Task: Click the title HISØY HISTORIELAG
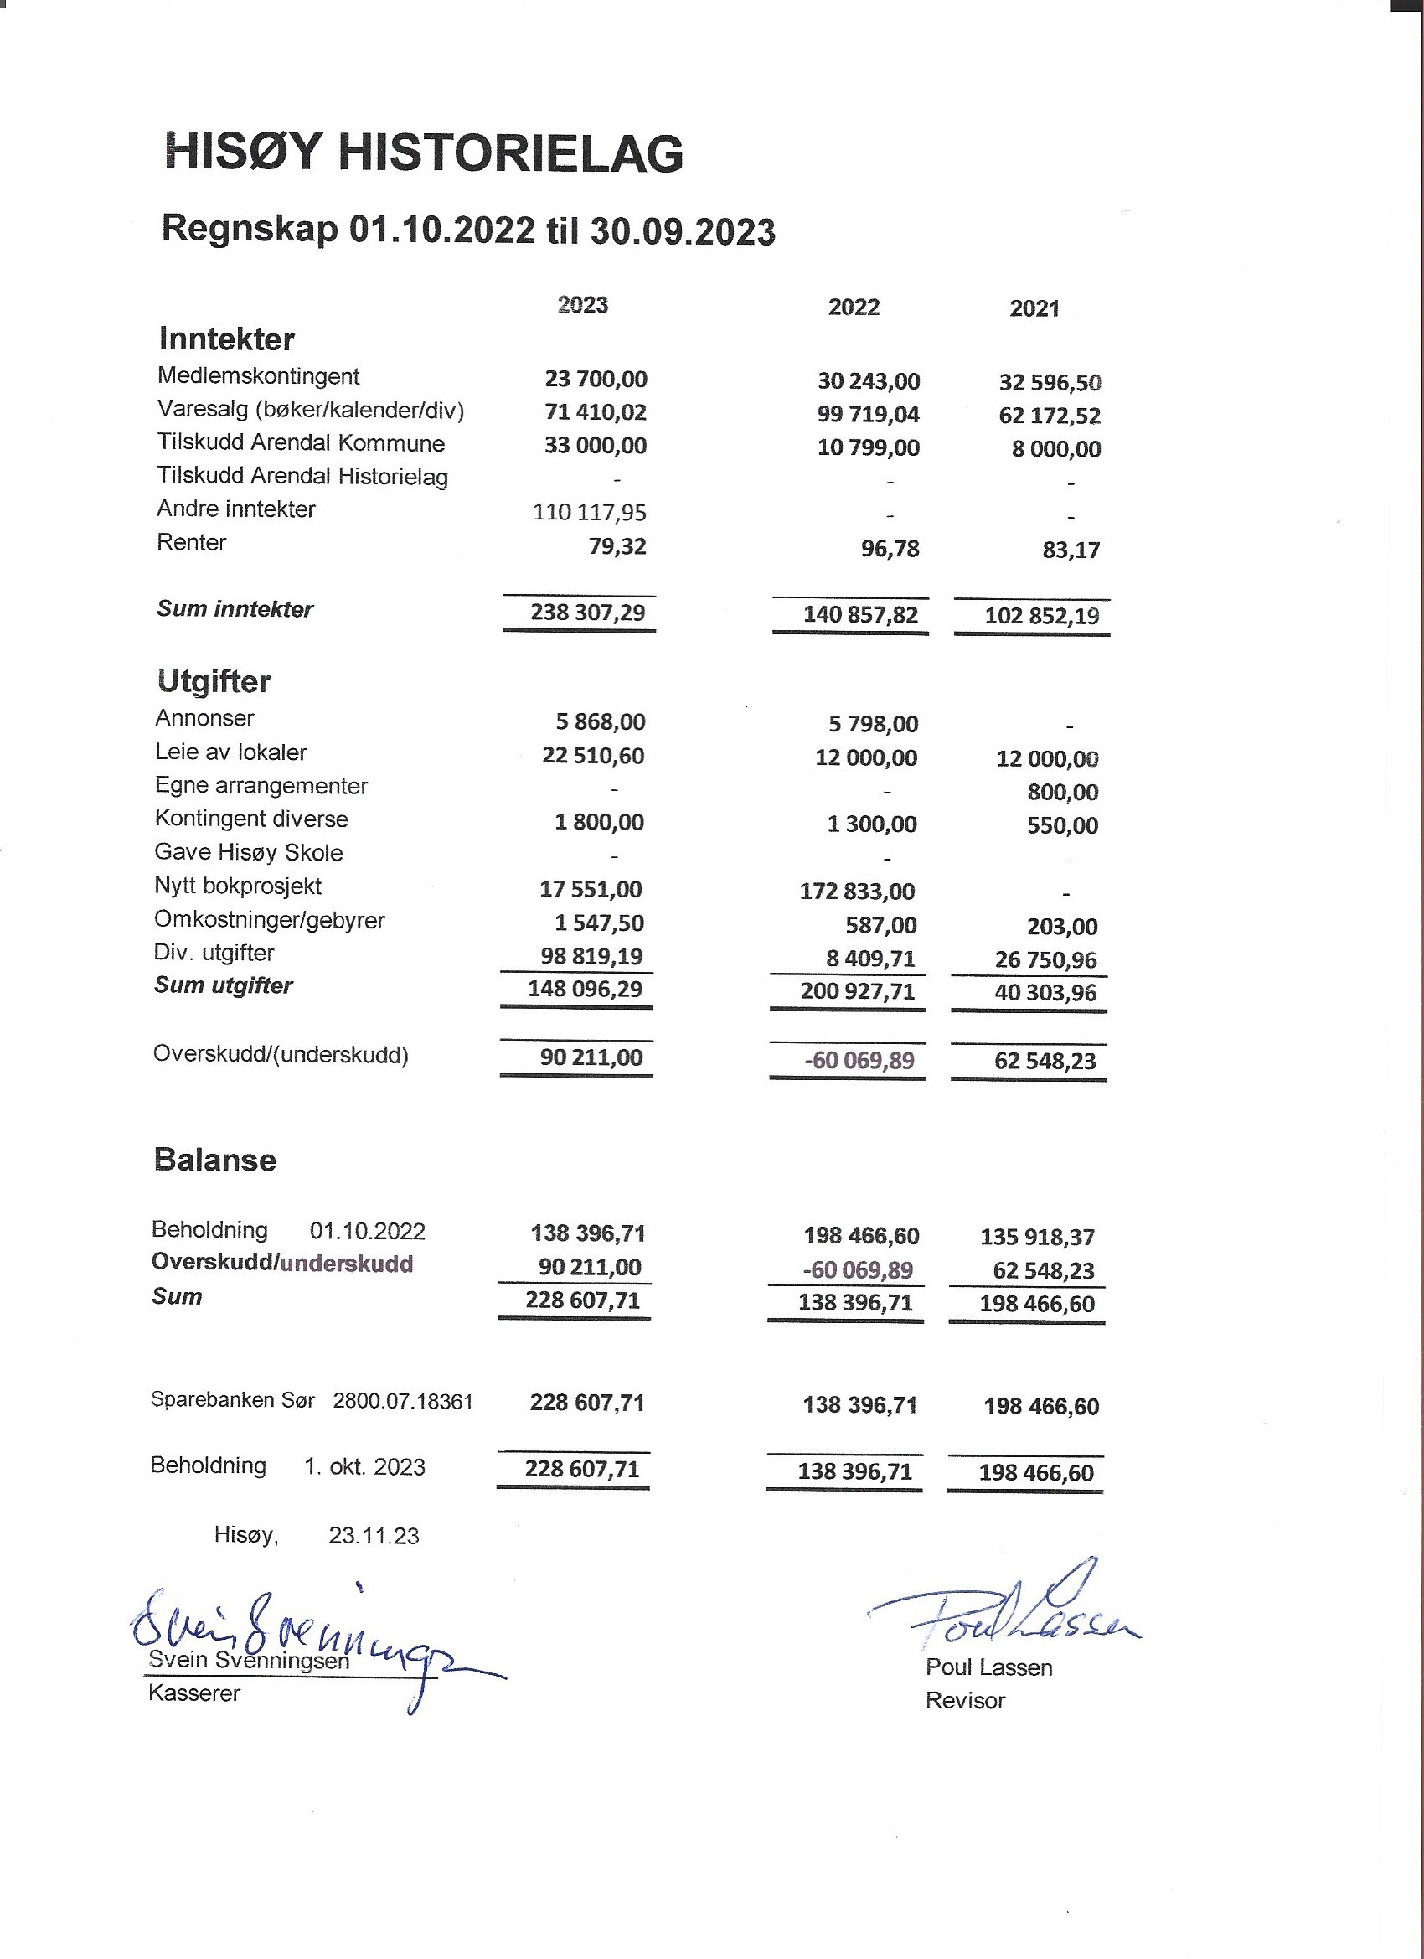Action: point(423,152)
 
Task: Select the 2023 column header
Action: point(583,305)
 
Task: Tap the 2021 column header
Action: point(1034,308)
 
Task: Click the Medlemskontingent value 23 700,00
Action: point(596,380)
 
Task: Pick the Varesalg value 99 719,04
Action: point(868,415)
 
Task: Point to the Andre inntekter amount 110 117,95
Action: point(589,513)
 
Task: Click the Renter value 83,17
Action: point(1071,550)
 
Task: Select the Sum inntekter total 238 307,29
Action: point(587,613)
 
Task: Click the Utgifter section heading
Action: point(214,681)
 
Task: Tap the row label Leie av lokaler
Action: point(230,752)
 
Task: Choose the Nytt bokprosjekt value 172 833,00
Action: point(857,892)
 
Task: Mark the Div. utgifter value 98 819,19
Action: point(591,957)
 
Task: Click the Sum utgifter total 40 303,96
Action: point(1045,992)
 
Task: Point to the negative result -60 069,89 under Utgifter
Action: point(859,1061)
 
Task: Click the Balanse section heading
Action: point(215,1160)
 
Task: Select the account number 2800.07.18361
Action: point(402,1401)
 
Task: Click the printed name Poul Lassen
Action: point(988,1668)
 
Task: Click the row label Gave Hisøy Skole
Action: point(249,853)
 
